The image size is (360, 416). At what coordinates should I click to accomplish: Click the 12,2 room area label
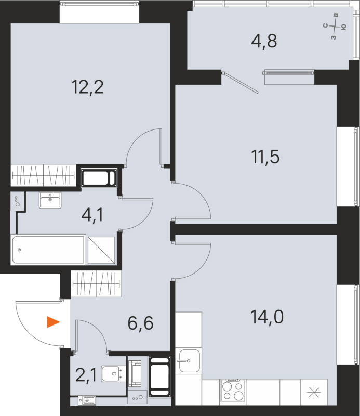coord(88,87)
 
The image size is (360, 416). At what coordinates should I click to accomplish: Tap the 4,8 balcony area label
coord(265,41)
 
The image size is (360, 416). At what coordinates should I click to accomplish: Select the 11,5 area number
coord(265,156)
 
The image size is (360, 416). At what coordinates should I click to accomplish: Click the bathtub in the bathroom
coord(48,250)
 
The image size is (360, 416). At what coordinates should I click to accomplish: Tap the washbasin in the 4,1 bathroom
coord(50,200)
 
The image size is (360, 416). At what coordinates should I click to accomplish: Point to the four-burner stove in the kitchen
coord(233,390)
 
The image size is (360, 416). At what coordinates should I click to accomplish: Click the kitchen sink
coord(188,360)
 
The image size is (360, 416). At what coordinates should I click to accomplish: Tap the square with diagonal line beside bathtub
coord(101,250)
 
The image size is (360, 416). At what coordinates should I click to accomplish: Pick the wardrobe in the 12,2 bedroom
coord(44,175)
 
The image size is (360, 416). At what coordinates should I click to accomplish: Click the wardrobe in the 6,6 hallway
coord(96,284)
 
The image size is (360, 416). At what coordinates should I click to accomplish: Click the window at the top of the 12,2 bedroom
coord(100,12)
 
